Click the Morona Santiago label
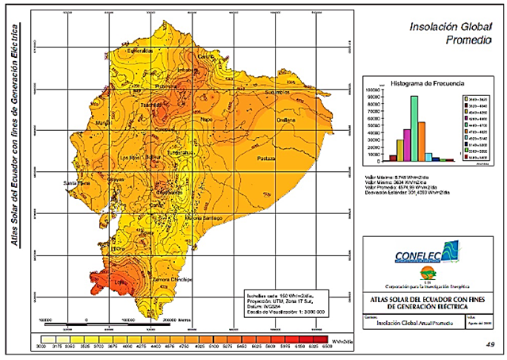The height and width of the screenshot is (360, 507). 206,216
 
